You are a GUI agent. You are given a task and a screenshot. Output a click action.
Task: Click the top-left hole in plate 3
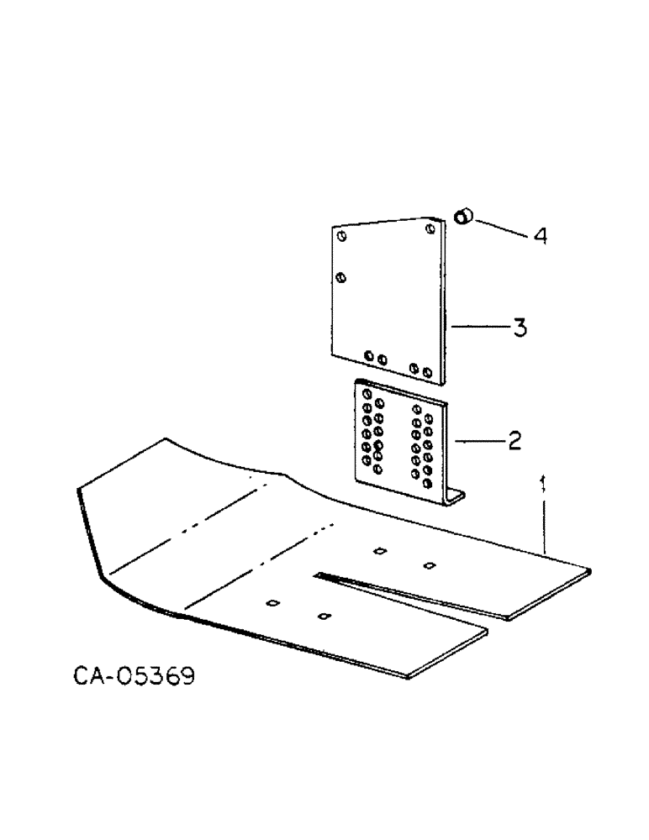[x=341, y=237]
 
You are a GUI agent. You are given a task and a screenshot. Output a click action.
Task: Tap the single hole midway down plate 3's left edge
[x=340, y=276]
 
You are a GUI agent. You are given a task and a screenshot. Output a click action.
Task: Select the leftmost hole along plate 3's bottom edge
[x=369, y=359]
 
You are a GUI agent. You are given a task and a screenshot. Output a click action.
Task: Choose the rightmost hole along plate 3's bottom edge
[x=428, y=370]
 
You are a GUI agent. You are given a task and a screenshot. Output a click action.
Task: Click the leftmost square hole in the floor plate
[x=272, y=602]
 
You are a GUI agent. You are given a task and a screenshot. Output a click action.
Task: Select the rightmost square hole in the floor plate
[x=429, y=564]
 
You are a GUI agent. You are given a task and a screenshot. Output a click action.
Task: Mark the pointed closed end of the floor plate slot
[x=318, y=575]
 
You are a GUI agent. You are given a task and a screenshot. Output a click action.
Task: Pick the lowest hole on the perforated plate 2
[x=428, y=485]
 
